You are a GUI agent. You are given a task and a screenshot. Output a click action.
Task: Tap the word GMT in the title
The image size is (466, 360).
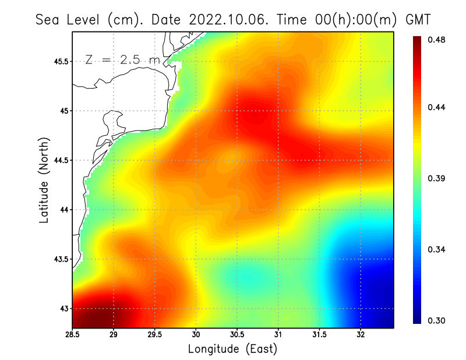point(418,19)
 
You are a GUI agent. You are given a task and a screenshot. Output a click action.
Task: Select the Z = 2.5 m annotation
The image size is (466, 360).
point(122,59)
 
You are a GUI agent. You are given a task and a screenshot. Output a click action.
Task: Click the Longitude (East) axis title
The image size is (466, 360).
point(232,349)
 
